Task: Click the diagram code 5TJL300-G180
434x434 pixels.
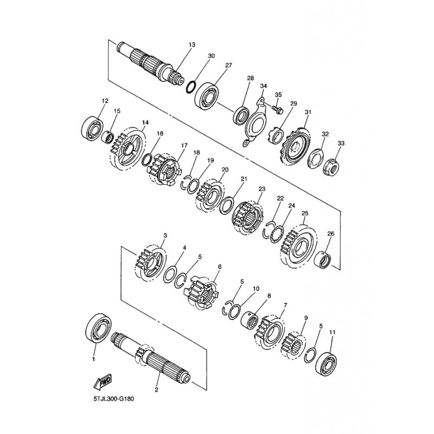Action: (114, 399)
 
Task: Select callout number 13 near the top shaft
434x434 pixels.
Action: (192, 44)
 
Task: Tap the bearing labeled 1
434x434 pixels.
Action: (99, 329)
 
